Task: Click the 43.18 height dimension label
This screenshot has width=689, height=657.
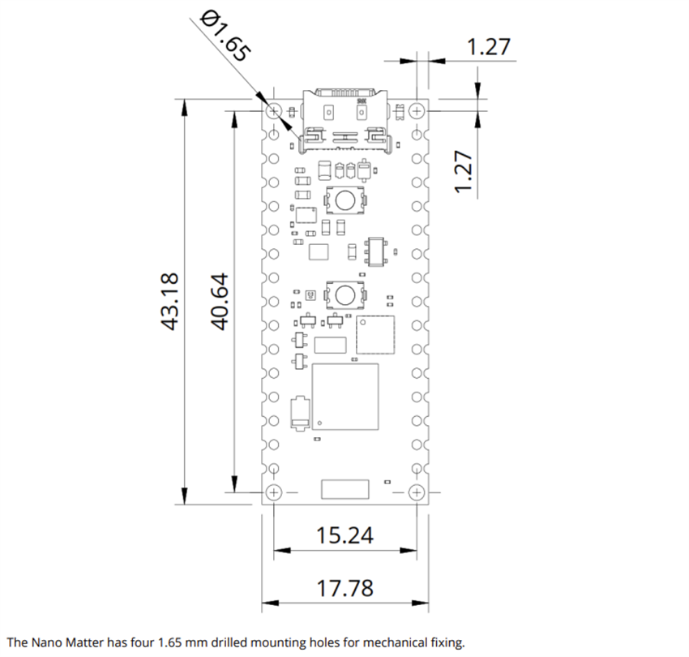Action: pyautogui.click(x=170, y=301)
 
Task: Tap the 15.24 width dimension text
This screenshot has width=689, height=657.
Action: pyautogui.click(x=345, y=535)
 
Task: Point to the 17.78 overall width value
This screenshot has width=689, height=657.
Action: pyautogui.click(x=345, y=587)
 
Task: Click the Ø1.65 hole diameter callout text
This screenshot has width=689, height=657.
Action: pyautogui.click(x=224, y=35)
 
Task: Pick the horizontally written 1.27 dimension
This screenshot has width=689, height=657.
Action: pyautogui.click(x=489, y=46)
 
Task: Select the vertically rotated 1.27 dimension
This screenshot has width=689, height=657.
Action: pyautogui.click(x=464, y=171)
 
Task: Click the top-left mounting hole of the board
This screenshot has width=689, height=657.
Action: pyautogui.click(x=273, y=109)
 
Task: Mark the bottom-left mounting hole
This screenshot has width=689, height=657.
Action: pyautogui.click(x=273, y=492)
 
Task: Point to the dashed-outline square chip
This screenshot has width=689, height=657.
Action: pyautogui.click(x=375, y=335)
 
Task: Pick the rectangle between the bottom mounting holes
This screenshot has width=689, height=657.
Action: pyautogui.click(x=344, y=489)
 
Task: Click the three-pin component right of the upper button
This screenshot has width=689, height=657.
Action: pyautogui.click(x=377, y=251)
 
